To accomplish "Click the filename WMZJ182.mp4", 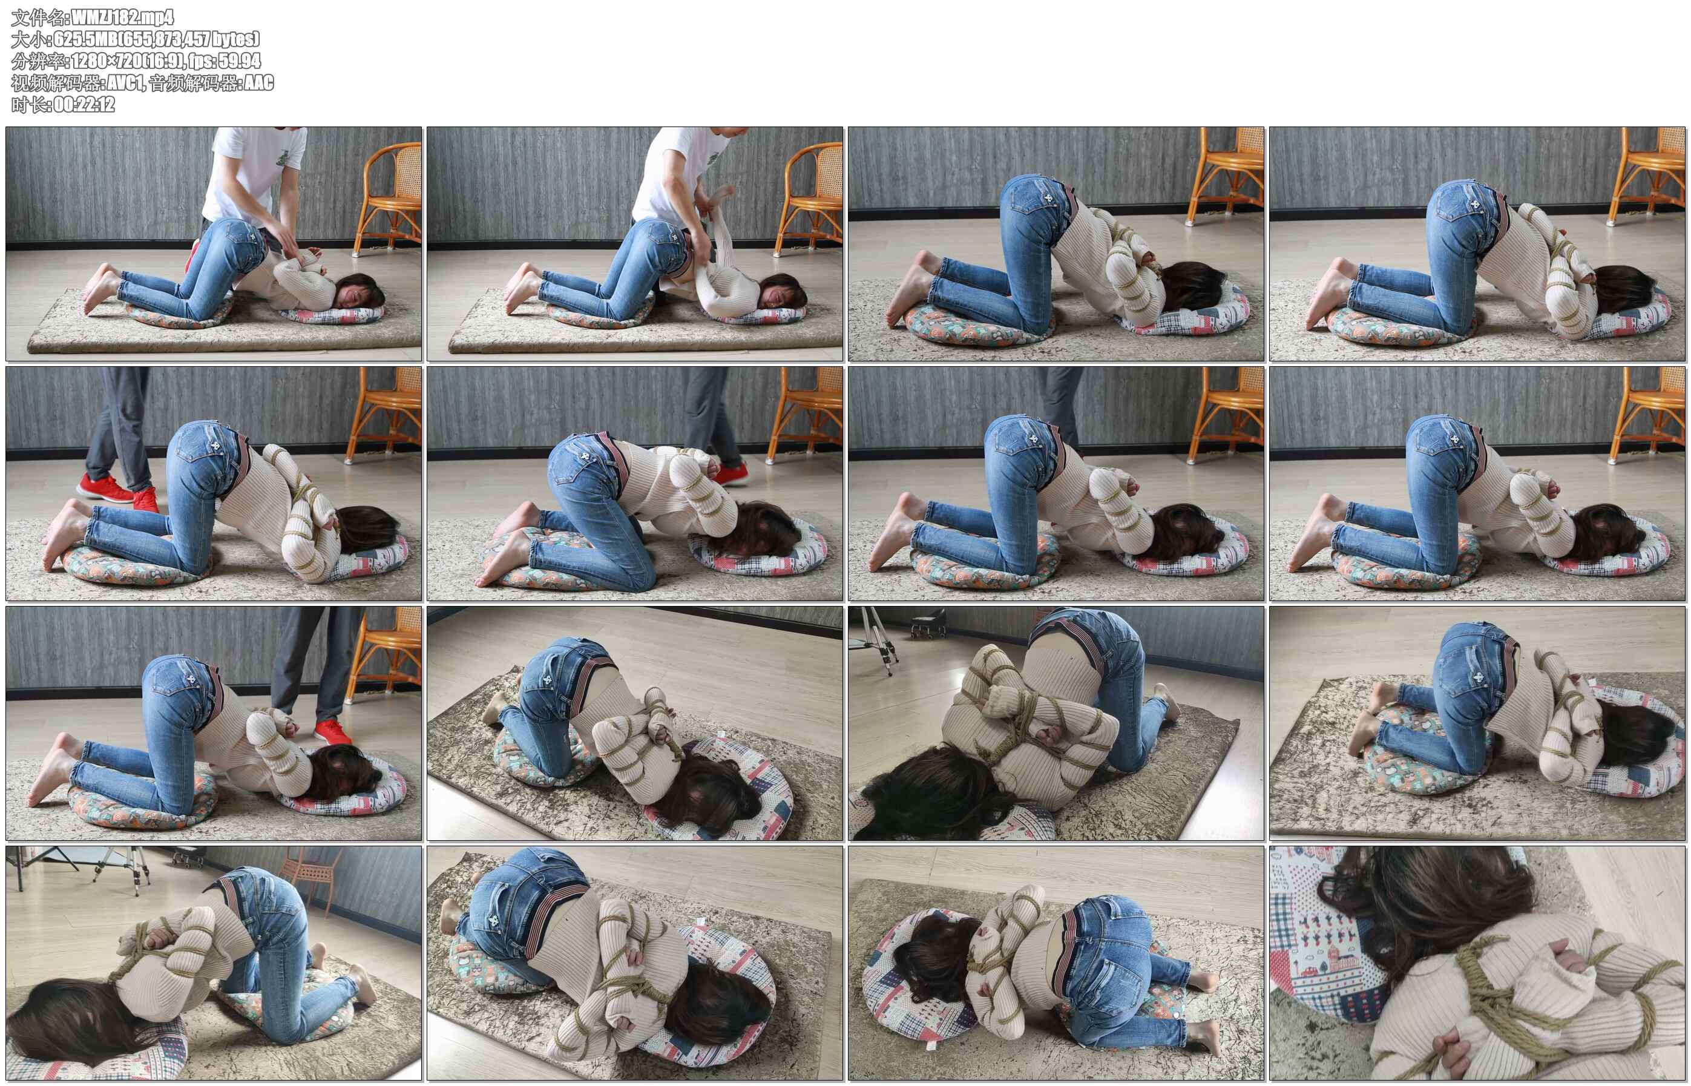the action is coord(123,17).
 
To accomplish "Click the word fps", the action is coord(202,61).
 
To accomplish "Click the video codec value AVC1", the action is coord(125,82).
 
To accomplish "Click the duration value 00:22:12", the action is coord(84,104).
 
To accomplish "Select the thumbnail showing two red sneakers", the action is coord(214,484).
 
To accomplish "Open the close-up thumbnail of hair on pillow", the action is coord(1477,963).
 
